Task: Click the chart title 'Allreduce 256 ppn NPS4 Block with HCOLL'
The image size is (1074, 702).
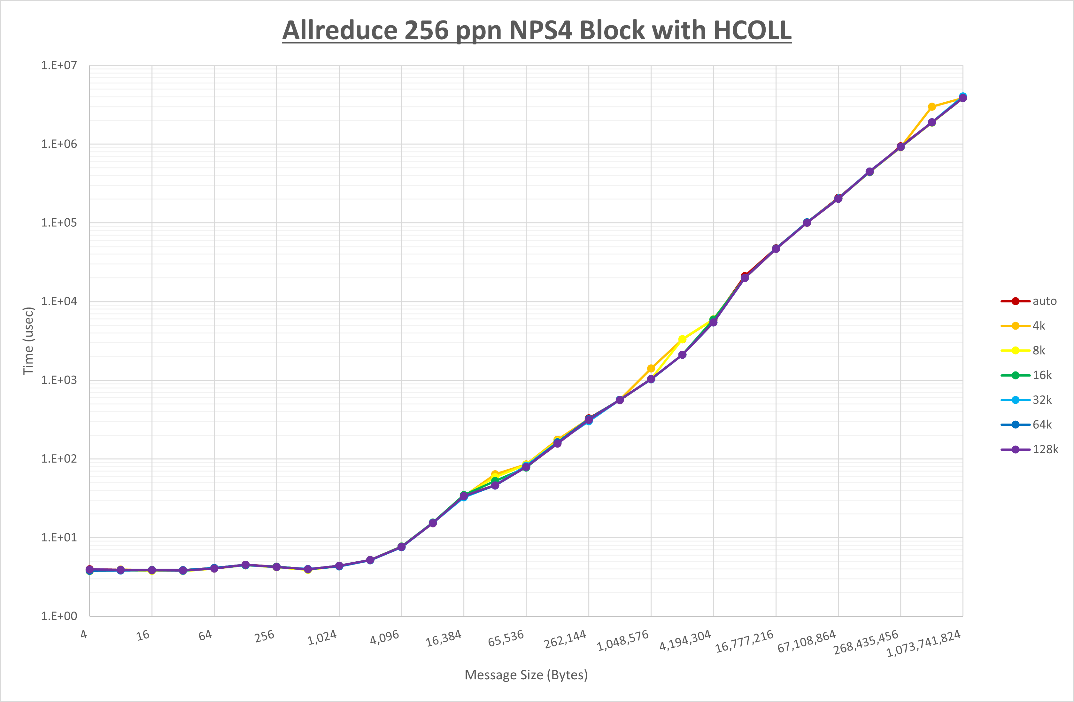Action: tap(537, 30)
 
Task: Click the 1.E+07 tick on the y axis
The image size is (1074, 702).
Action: tap(59, 66)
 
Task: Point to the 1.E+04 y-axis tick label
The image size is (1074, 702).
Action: tap(59, 301)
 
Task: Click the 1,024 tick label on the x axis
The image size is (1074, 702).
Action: tap(322, 638)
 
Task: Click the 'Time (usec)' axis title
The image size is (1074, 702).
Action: tap(28, 341)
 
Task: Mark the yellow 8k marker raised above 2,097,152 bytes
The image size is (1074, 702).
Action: tap(682, 339)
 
